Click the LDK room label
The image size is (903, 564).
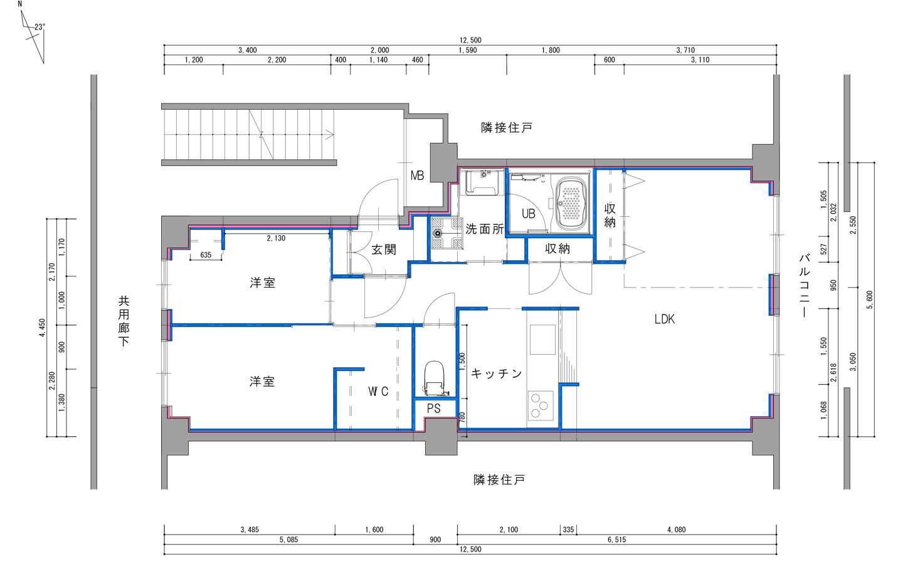coord(664,319)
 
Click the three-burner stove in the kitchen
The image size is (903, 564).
coord(540,405)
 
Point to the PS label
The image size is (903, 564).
coord(433,409)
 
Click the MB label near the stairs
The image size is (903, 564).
coord(417,176)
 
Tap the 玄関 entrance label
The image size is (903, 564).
coord(383,249)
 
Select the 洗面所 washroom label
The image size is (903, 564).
coord(485,229)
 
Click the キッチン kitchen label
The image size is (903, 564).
coord(496,374)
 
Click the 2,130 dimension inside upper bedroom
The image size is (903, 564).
coord(276,238)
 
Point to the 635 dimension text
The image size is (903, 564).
coord(206,255)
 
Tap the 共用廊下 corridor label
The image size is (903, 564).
coord(124,321)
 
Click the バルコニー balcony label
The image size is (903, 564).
coord(805,285)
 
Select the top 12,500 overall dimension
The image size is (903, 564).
coord(470,41)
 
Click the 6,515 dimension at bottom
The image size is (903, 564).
coord(616,540)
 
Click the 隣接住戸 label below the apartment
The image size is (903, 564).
coord(499,480)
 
